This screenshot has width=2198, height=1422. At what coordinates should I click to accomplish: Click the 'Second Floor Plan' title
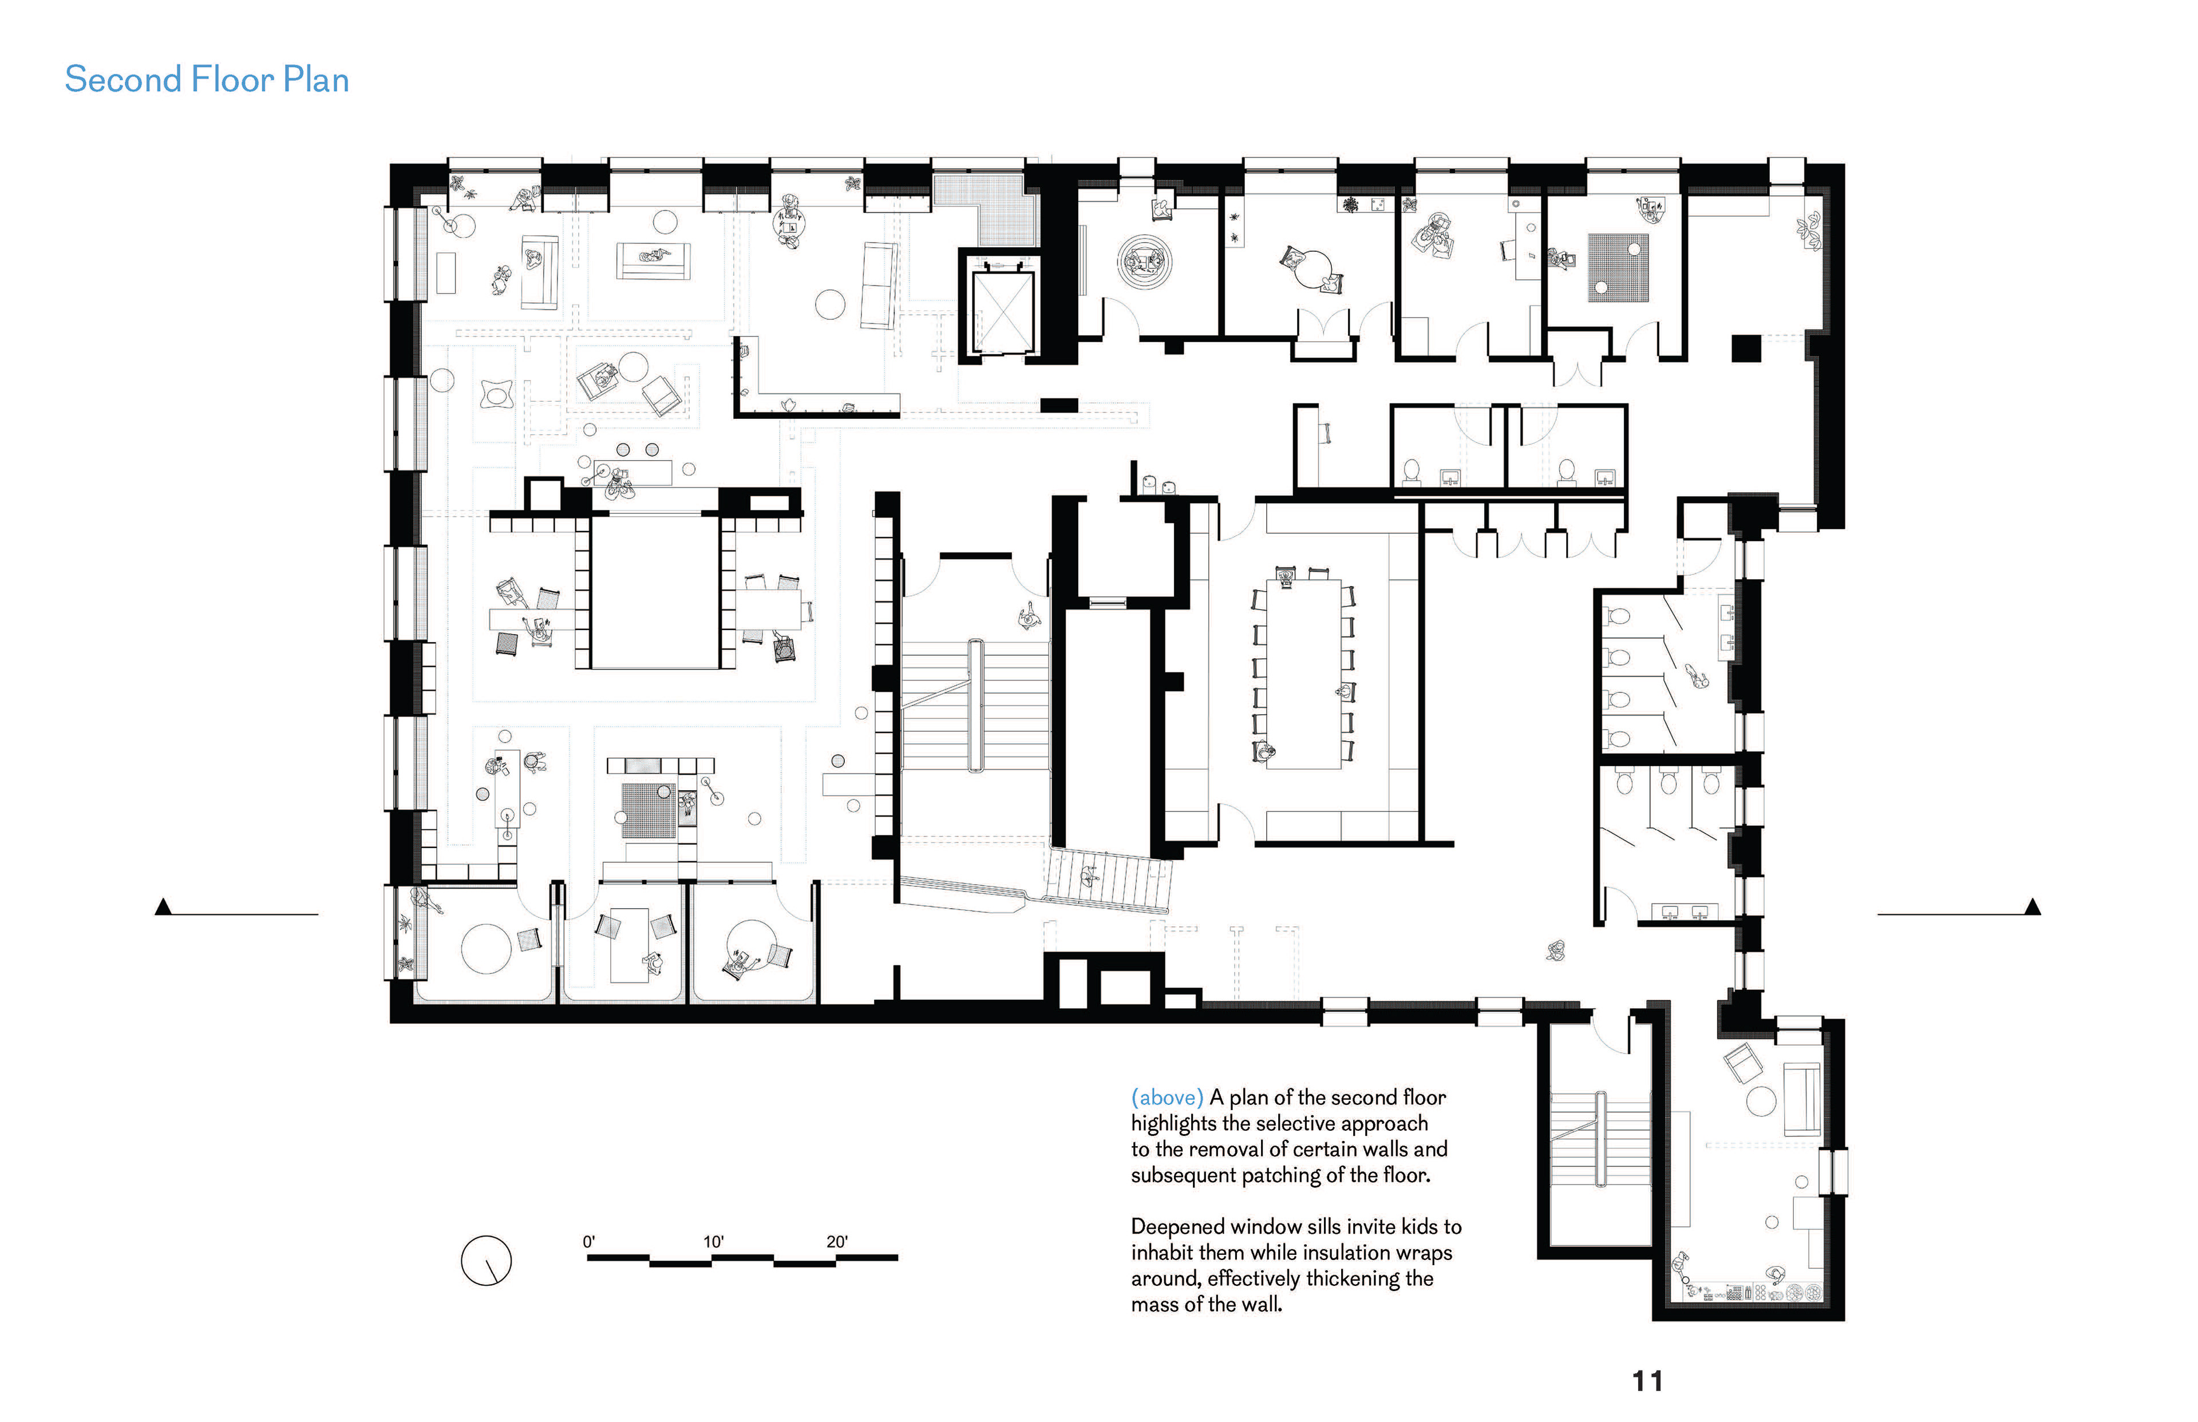207,80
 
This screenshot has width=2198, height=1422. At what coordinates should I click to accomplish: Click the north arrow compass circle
486,1261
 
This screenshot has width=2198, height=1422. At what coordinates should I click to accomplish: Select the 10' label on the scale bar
713,1242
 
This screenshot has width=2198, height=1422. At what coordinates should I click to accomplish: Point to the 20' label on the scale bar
837,1242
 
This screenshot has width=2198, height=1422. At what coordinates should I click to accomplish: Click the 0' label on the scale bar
589,1242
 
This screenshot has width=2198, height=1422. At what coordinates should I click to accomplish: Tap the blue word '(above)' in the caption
1167,1098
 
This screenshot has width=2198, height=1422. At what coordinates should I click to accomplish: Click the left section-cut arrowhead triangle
164,907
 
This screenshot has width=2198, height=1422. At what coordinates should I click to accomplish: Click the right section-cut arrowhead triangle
2032,907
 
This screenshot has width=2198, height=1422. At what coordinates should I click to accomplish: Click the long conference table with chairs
1302,674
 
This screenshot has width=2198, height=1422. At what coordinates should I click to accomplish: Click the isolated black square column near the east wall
1745,348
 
